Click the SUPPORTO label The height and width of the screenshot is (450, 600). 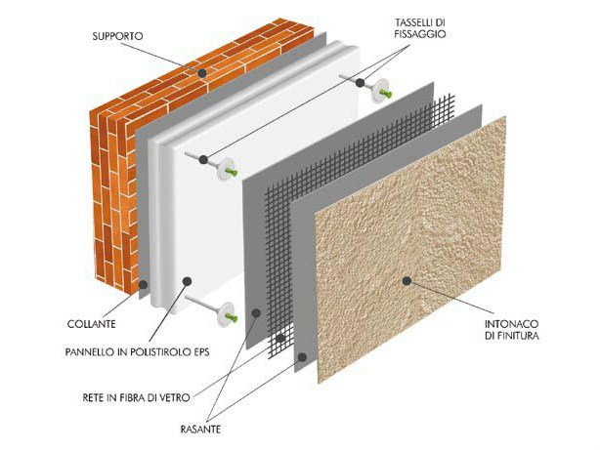pos(117,36)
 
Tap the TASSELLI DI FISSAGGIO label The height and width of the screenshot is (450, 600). pos(420,28)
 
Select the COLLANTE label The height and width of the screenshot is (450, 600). pos(92,324)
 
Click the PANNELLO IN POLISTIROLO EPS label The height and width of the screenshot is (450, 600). pos(138,351)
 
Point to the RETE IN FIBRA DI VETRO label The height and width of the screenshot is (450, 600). pos(136,397)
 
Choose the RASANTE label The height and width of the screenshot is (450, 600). pos(200,430)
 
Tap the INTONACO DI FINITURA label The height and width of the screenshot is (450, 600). pos(512,330)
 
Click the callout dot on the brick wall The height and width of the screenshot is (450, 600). pos(202,72)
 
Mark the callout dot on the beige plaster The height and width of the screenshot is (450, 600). pos(407,281)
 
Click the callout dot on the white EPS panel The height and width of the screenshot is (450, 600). pos(187,281)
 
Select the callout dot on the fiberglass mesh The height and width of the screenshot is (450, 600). pos(281,338)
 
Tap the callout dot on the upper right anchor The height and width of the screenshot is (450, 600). pos(360,82)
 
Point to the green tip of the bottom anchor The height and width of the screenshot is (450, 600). pos(232,317)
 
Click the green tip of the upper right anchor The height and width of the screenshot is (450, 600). pos(386,93)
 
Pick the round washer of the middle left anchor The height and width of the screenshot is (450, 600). pos(225,170)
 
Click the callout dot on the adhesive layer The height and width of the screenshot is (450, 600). pos(144,284)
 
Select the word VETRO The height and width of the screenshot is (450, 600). pos(176,397)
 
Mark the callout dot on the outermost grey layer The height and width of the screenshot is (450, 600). pos(302,357)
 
